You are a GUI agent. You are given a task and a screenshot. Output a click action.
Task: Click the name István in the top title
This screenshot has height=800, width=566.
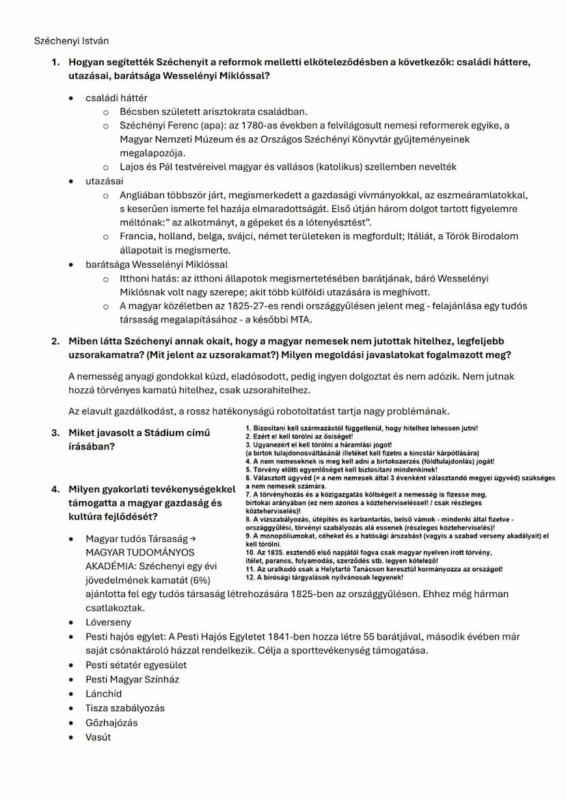(94, 41)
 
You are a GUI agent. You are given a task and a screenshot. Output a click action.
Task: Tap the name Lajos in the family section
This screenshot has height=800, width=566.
(133, 167)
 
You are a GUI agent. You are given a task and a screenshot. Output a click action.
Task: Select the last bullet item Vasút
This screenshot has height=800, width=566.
(98, 736)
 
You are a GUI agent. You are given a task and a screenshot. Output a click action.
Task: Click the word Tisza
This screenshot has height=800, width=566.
(97, 708)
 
